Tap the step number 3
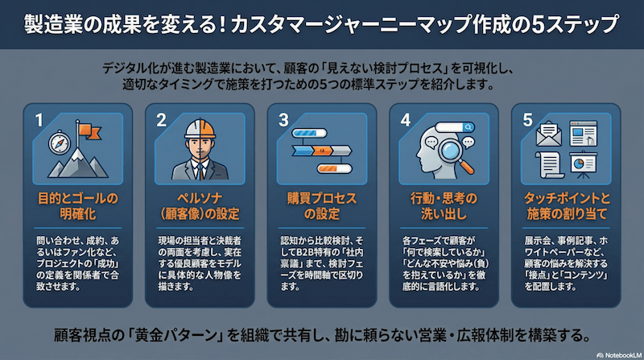tap(283, 120)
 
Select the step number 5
tap(528, 120)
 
